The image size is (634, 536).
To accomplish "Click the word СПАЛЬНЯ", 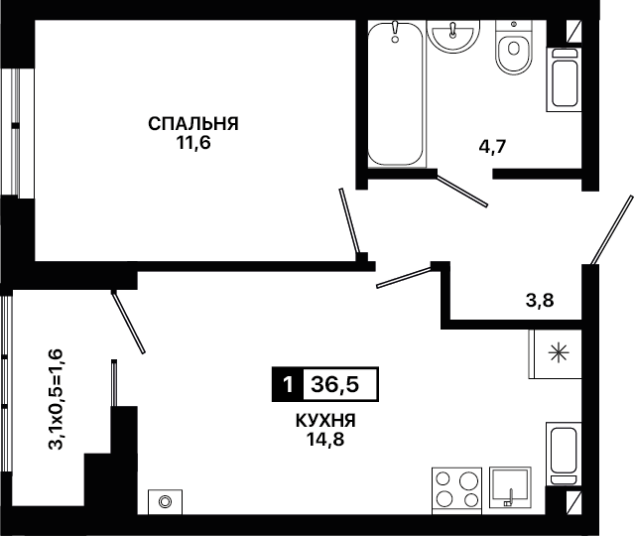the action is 193,124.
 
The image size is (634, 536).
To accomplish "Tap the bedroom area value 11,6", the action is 193,143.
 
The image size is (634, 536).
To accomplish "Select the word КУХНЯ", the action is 325,421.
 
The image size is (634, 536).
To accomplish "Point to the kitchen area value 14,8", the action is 325,439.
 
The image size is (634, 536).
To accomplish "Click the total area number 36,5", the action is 334,384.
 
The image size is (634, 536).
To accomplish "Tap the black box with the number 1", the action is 288,384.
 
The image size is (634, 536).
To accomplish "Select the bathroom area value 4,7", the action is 492,146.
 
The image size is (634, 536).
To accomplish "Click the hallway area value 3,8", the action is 540,301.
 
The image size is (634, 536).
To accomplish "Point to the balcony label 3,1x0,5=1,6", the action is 56,399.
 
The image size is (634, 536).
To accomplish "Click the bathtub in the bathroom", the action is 396,94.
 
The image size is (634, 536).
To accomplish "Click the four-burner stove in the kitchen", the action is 457,490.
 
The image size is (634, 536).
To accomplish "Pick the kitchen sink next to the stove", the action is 510,487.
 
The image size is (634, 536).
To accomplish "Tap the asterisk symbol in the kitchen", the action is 559,353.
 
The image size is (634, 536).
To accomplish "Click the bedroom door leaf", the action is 349,221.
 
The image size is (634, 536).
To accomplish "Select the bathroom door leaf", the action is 462,190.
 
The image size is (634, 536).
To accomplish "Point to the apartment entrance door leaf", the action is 611,229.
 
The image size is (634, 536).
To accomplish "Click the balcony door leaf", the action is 128,322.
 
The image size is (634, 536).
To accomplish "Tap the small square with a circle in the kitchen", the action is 165,502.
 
